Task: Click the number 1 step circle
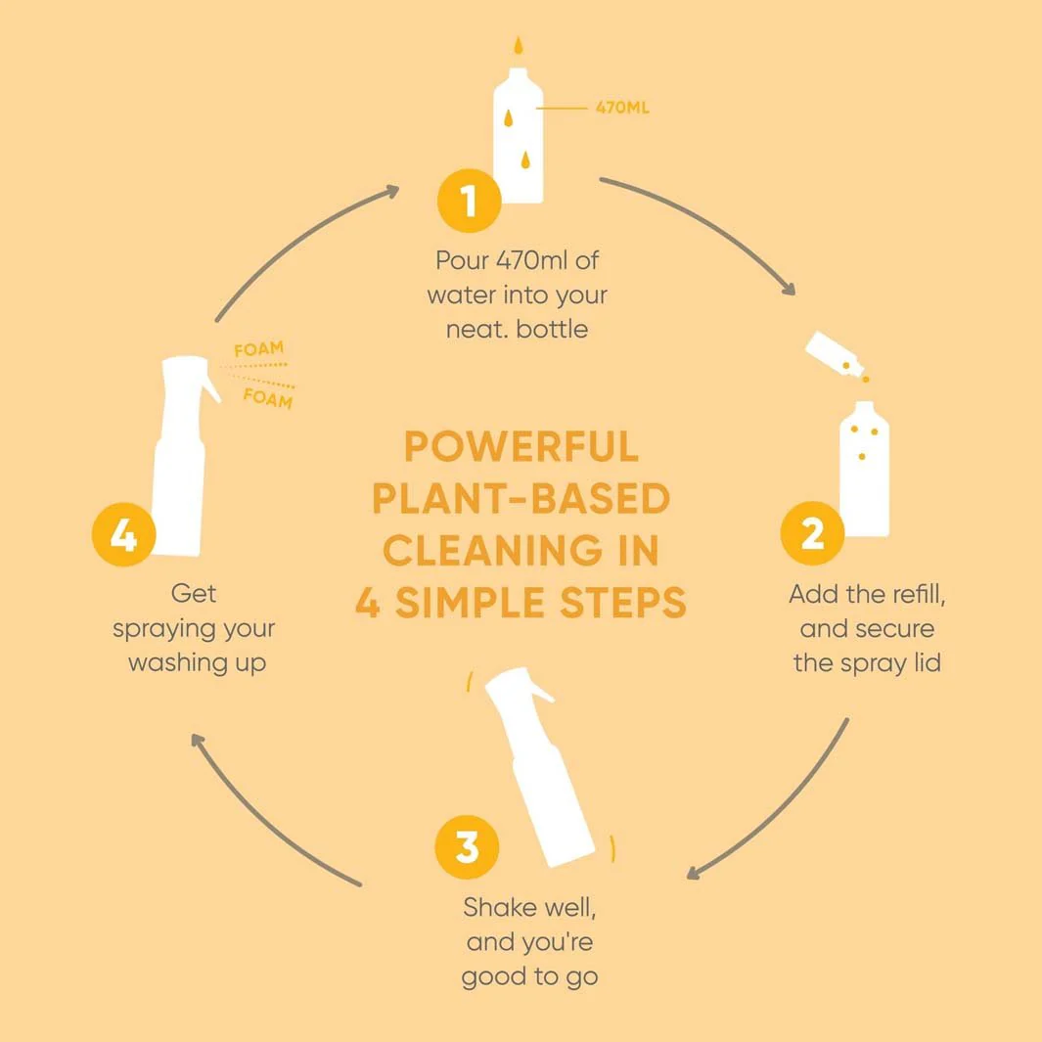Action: (x=470, y=201)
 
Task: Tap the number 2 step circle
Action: (x=812, y=533)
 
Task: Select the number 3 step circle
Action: (x=467, y=846)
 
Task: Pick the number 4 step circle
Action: (x=123, y=534)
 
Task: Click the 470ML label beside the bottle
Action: (x=622, y=108)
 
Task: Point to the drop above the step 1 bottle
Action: (x=519, y=46)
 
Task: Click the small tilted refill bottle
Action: (x=835, y=353)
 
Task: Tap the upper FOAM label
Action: (x=258, y=349)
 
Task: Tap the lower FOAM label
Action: (x=268, y=398)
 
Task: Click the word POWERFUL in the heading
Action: (x=521, y=446)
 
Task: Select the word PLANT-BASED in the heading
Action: (x=521, y=498)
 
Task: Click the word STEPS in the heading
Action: (x=622, y=602)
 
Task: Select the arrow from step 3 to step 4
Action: (x=262, y=824)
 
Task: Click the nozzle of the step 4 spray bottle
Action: (x=211, y=388)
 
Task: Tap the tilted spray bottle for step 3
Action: (x=539, y=767)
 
